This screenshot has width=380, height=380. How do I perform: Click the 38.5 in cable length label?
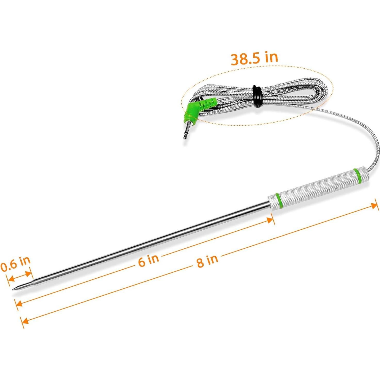click(x=254, y=59)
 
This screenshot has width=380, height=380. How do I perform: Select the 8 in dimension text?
click(x=207, y=261)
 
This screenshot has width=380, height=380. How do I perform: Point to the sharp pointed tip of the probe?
click(x=13, y=289)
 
